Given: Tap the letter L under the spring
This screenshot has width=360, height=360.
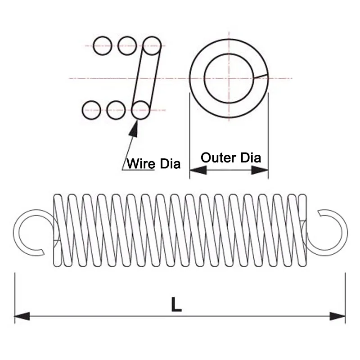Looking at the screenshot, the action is (x=176, y=305).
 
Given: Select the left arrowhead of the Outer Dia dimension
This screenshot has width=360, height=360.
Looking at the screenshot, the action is (x=198, y=170).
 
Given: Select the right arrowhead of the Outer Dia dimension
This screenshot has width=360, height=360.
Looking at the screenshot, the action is (x=260, y=170).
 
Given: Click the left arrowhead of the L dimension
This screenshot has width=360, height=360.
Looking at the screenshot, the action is (x=22, y=316).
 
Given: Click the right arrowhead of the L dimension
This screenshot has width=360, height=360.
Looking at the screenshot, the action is (x=337, y=316).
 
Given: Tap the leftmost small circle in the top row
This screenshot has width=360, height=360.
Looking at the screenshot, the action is (x=102, y=45).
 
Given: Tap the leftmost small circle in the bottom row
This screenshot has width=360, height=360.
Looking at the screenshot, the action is (x=92, y=109).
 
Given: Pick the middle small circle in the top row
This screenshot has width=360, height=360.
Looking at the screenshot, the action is (x=127, y=45).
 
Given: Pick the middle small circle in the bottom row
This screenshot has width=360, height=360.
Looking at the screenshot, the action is (x=116, y=109).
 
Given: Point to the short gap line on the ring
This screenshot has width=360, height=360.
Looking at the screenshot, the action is (x=261, y=76).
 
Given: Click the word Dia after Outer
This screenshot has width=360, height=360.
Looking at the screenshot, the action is (x=250, y=157).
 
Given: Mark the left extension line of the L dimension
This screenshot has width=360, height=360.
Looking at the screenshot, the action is (x=15, y=297).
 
